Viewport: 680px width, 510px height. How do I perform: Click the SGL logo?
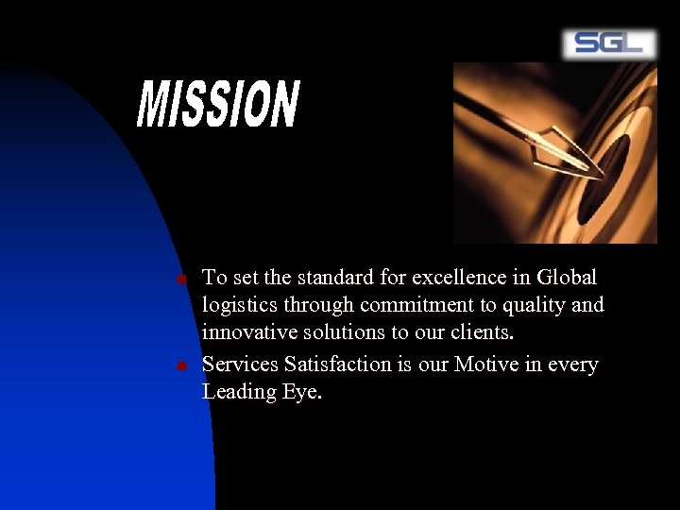tap(608, 43)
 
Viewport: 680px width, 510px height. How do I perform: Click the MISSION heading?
tap(218, 105)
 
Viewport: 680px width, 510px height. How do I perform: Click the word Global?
tap(567, 278)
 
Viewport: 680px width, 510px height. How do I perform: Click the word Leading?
tap(239, 392)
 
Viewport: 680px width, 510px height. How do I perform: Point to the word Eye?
tap(302, 392)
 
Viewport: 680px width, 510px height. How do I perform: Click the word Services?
tap(240, 364)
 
